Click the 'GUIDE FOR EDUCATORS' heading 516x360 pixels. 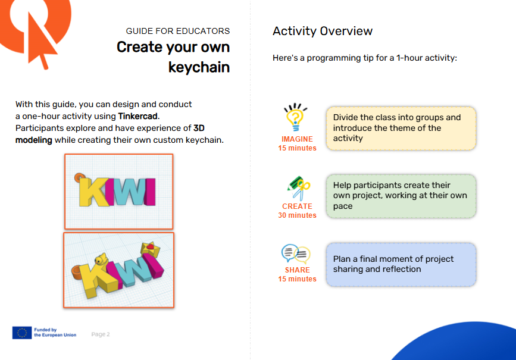tap(178, 31)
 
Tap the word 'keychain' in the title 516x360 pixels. tap(199, 67)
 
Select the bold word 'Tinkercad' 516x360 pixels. tap(137, 116)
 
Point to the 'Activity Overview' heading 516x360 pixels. tap(323, 31)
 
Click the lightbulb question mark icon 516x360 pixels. tap(295, 117)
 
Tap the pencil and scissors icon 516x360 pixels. tap(299, 189)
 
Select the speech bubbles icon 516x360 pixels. tap(296, 253)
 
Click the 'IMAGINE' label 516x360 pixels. tap(297, 139)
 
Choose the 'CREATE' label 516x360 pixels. tap(297, 206)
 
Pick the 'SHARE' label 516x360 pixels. tap(297, 270)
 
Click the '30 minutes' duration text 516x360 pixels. tap(297, 215)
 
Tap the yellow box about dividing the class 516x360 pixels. tap(401, 129)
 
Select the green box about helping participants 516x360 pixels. tap(401, 196)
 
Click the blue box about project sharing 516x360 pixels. tap(401, 265)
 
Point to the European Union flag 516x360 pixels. tap(22, 333)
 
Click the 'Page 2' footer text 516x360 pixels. tap(101, 334)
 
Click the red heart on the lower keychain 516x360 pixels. tap(150, 246)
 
